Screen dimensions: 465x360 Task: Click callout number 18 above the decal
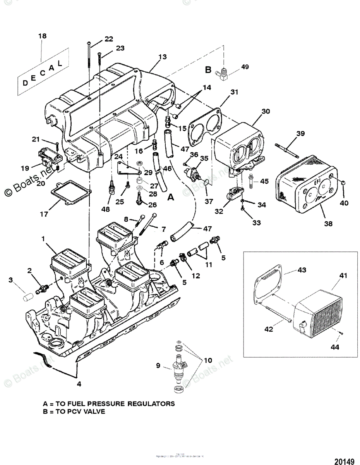(x=42, y=36)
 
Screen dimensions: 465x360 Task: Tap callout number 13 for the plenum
(x=162, y=57)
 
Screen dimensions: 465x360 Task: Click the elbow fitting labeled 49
(x=223, y=73)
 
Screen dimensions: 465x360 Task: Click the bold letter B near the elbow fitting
(x=208, y=70)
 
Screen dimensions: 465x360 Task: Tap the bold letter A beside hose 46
(x=171, y=197)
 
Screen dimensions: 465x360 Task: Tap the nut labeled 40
(x=344, y=182)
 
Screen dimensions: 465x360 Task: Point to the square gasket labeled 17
(x=72, y=194)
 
